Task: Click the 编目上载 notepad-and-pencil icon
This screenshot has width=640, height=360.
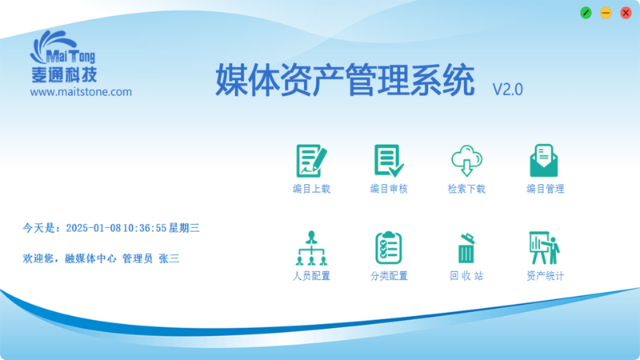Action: click(x=311, y=161)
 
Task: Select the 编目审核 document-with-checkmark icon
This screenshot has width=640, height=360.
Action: click(x=389, y=161)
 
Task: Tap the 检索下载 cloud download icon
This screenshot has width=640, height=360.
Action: click(x=466, y=161)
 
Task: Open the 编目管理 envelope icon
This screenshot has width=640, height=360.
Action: click(x=544, y=161)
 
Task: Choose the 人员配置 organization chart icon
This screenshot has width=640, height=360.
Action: click(x=311, y=248)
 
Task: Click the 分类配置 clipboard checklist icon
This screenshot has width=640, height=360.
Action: click(x=389, y=248)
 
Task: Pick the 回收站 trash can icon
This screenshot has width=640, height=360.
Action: click(x=466, y=248)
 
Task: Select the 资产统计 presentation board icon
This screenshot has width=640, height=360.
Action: click(x=544, y=248)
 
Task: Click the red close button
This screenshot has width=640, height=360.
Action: click(x=626, y=13)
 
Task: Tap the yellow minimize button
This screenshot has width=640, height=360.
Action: click(x=606, y=13)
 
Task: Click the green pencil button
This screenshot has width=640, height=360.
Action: click(x=586, y=13)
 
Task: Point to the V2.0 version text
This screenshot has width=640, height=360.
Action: click(x=508, y=90)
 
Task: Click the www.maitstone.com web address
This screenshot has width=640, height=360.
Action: click(x=81, y=92)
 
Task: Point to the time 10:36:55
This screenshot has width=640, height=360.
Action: click(x=145, y=228)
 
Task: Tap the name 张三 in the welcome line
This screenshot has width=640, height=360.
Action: click(x=169, y=258)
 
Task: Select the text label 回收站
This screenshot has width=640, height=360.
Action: click(x=466, y=276)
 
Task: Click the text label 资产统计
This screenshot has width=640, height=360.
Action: click(x=545, y=276)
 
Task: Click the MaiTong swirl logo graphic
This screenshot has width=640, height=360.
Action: click(x=53, y=45)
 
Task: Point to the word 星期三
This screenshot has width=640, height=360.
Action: click(x=184, y=228)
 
